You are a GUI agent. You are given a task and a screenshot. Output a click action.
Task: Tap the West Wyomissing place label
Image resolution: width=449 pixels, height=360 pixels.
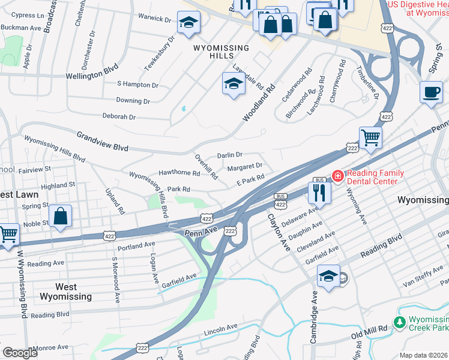pyautogui.click(x=65, y=292)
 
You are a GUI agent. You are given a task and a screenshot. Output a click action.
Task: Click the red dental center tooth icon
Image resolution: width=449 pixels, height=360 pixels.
pyautogui.click(x=338, y=176)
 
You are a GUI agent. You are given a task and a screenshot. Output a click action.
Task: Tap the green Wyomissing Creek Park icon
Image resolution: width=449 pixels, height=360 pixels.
pyautogui.click(x=400, y=323)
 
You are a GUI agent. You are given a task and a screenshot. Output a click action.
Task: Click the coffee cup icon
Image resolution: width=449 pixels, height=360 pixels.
pyautogui.click(x=431, y=92)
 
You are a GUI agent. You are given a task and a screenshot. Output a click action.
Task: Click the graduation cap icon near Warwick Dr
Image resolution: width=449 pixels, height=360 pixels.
pyautogui.click(x=188, y=23)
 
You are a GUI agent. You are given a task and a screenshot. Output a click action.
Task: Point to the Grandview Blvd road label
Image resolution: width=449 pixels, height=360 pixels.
pyautogui.click(x=102, y=140)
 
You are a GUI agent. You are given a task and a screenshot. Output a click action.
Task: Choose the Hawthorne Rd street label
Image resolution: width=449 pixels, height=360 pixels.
pyautogui.click(x=179, y=173)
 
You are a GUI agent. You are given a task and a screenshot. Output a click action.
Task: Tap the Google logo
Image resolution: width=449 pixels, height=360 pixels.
pyautogui.click(x=20, y=353)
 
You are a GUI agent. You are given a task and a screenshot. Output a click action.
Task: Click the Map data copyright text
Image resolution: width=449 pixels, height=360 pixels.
pyautogui.click(x=423, y=355)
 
